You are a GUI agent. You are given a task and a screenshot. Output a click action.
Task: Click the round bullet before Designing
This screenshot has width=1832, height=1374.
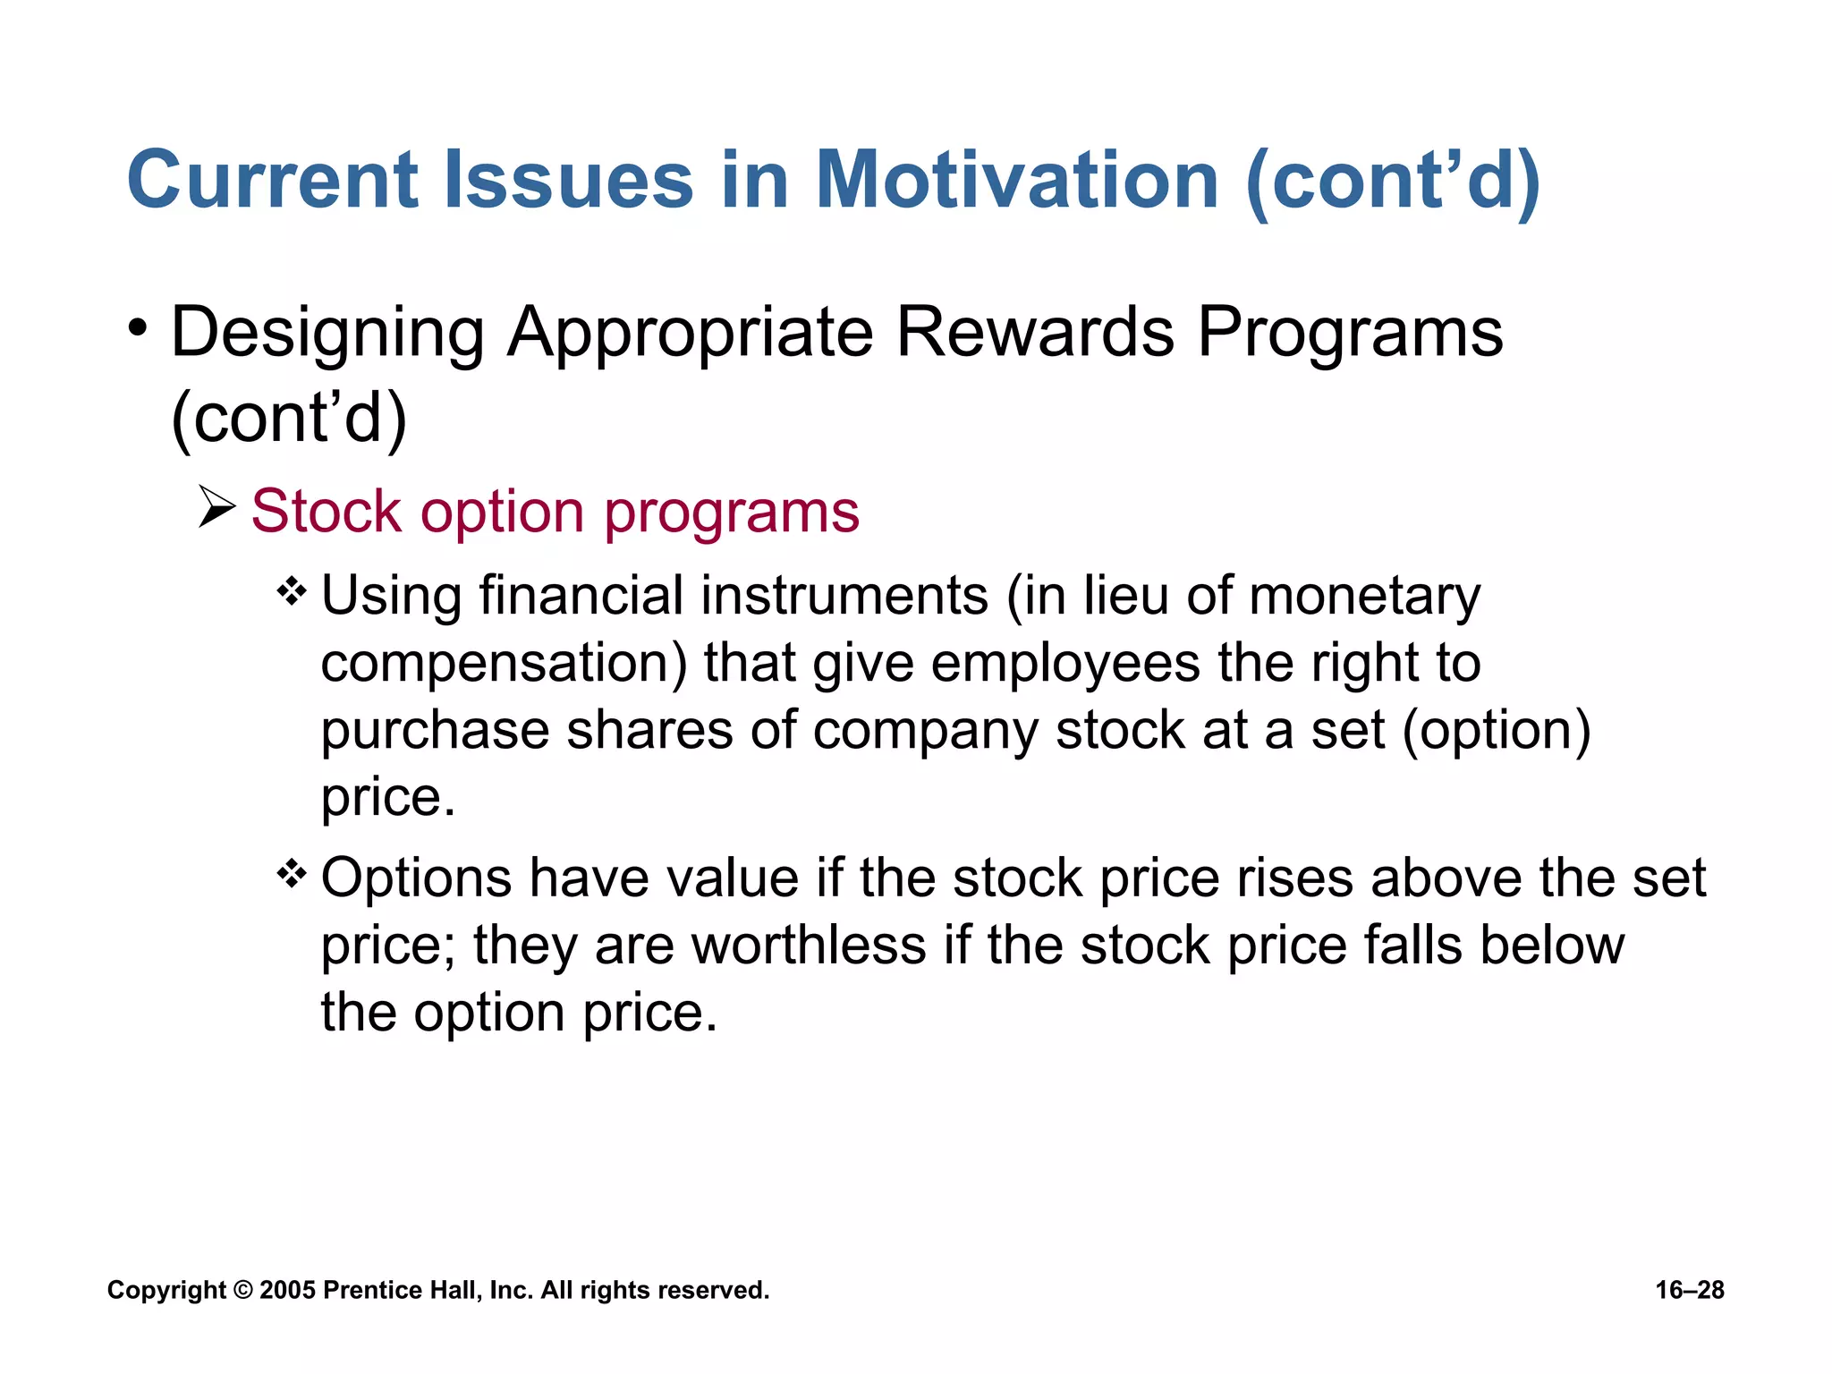tap(136, 327)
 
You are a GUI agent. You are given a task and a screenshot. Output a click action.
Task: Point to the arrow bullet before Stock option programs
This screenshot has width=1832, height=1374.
tap(216, 508)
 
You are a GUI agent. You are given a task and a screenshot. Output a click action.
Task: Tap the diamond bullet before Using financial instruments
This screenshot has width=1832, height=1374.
tap(292, 591)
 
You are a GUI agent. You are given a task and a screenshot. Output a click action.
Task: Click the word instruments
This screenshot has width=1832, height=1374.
tap(844, 596)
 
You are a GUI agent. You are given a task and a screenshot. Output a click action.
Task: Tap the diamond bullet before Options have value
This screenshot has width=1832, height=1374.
tap(292, 873)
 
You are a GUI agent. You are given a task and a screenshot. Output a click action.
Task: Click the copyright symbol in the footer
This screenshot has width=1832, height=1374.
tap(242, 1290)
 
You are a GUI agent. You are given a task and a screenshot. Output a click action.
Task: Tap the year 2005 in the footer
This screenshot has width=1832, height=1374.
tap(287, 1290)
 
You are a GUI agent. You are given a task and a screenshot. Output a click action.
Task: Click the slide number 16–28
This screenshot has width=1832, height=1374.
tap(1689, 1290)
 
